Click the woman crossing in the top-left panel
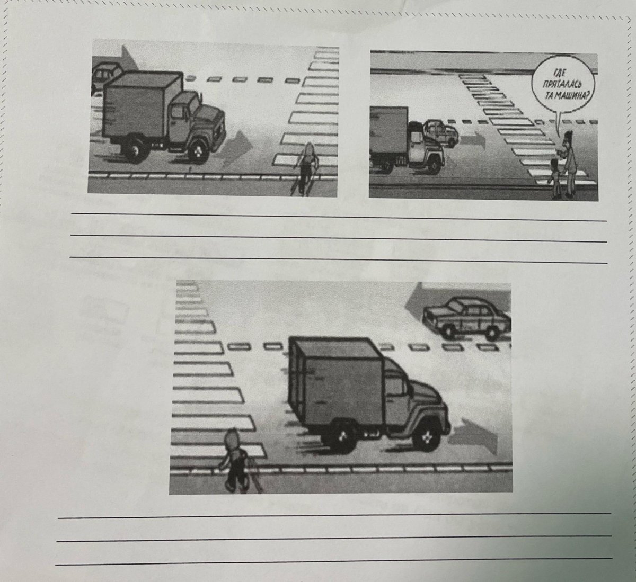click(x=305, y=168)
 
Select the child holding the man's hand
click(x=555, y=178)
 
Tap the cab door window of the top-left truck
click(x=178, y=112)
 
